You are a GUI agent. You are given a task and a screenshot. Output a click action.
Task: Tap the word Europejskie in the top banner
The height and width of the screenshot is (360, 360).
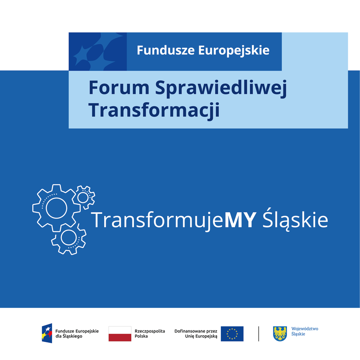click(234, 50)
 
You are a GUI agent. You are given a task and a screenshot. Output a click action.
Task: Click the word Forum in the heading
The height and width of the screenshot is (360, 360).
click(119, 88)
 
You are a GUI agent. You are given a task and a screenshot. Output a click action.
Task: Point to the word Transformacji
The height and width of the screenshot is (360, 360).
click(154, 110)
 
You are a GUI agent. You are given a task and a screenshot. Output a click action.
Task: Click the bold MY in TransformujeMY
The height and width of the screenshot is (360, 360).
click(240, 220)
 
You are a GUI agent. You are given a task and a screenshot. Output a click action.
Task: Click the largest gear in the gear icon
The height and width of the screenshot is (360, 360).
click(56, 208)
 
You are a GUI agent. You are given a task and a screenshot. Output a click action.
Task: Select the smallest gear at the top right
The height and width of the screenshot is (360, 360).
click(83, 197)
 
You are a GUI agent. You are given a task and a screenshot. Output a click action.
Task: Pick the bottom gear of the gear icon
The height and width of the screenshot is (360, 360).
click(69, 238)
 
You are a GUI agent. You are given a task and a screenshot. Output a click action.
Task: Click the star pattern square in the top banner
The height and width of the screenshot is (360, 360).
click(97, 52)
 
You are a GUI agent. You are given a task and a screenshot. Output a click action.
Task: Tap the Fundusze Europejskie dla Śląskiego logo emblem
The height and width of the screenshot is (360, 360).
click(47, 333)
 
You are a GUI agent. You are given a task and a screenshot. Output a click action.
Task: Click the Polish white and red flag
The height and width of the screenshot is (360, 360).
click(120, 333)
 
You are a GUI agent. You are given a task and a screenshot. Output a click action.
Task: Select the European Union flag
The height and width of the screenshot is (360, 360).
click(232, 333)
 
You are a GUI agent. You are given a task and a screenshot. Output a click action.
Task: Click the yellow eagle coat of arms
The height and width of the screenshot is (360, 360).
click(280, 333)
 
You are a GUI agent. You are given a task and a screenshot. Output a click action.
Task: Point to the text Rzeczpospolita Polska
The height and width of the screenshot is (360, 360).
click(150, 333)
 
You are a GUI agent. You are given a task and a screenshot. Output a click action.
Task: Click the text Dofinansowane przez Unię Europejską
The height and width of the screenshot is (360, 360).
click(196, 333)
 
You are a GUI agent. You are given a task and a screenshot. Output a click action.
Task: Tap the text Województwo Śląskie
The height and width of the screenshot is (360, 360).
click(304, 331)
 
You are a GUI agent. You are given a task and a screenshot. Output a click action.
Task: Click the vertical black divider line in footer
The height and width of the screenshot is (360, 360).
click(259, 333)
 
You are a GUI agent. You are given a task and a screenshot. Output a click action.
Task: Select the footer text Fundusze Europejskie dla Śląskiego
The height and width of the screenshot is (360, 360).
click(77, 333)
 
